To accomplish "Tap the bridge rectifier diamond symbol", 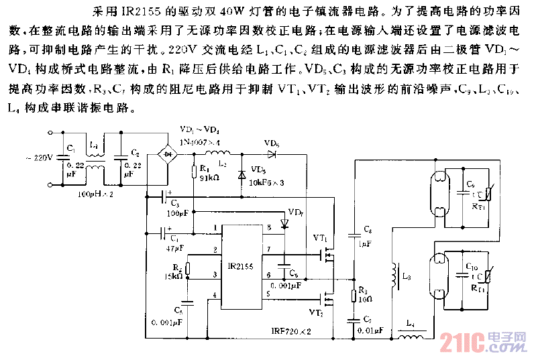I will [166, 153].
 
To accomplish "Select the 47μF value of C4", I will [175, 249].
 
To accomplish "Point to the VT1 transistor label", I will [320, 237].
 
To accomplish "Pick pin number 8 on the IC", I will [269, 229].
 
